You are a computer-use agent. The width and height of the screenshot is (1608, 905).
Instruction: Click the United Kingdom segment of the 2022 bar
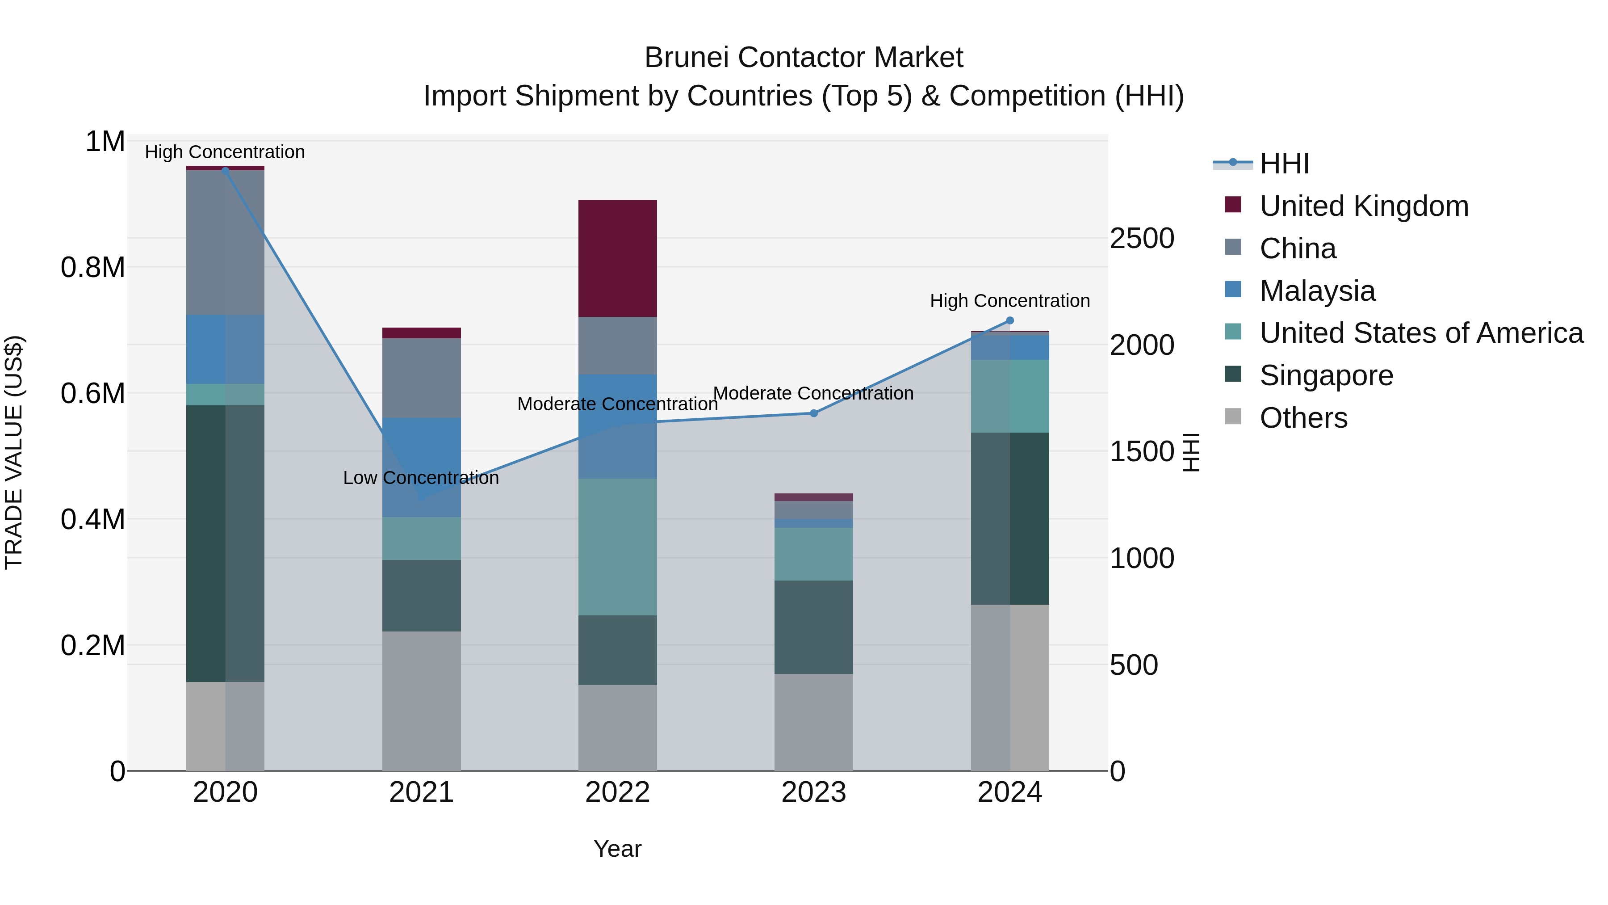617,259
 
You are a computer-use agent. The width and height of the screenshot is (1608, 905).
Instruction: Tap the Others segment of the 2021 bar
421,701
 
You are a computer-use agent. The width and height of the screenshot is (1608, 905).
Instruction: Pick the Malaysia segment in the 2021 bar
421,467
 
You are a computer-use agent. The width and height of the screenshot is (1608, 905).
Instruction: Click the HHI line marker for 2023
813,413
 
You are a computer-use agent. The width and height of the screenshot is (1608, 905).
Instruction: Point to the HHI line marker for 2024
1010,321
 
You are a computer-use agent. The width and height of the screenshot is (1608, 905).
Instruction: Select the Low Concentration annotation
421,478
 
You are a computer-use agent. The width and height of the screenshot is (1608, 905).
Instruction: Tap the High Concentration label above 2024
1009,301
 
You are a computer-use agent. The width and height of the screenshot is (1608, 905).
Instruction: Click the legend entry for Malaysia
1317,291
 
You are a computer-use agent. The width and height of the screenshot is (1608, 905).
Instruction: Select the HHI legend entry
1284,164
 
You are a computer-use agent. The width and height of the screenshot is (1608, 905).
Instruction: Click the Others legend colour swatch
1233,417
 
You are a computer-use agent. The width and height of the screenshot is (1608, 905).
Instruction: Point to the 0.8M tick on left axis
92,267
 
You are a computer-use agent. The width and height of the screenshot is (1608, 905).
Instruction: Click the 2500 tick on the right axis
1142,239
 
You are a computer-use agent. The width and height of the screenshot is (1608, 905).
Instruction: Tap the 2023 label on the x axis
813,792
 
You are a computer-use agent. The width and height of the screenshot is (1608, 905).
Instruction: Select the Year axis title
617,849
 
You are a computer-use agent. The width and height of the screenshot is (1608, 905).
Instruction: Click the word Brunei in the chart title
685,58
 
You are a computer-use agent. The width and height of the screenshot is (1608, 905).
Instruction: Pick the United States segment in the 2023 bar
813,554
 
